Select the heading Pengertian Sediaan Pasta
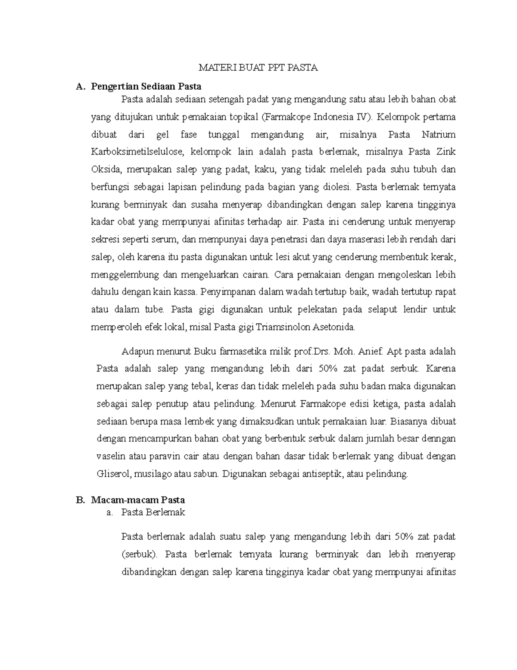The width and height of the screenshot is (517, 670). pos(146,86)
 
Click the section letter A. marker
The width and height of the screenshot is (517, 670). pos(79,86)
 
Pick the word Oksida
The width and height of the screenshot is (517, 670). pos(103,170)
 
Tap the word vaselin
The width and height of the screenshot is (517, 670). pos(110,456)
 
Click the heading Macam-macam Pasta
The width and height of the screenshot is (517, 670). pos(138,500)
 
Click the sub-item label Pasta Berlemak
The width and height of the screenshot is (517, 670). pos(153,513)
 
